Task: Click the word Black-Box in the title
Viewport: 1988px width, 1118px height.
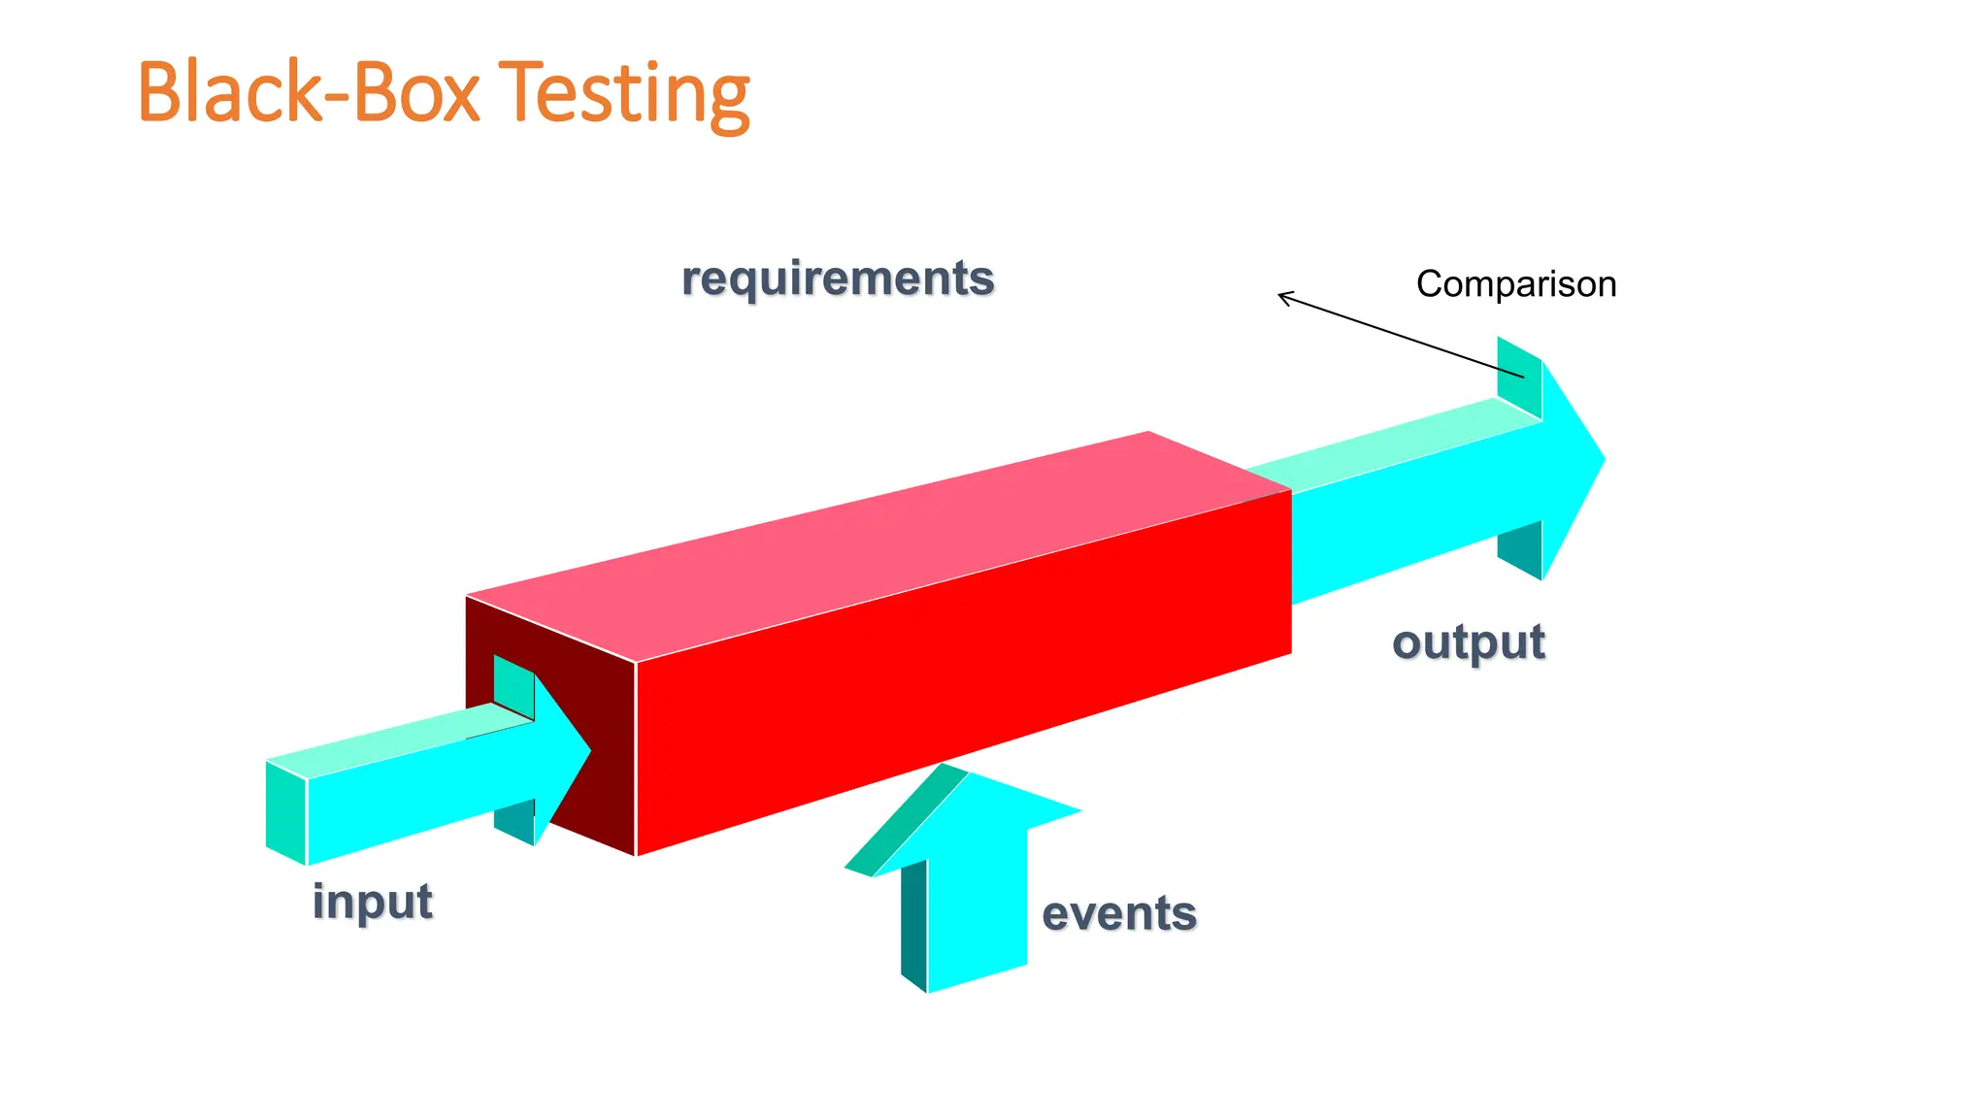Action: point(309,94)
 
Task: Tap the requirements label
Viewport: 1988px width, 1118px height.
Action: point(838,279)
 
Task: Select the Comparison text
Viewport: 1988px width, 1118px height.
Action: point(1516,284)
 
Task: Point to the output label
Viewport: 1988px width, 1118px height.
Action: point(1469,642)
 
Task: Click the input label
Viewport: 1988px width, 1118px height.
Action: point(373,902)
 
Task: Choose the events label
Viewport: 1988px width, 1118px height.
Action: point(1119,914)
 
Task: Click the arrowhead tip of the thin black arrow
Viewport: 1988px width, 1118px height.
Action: point(1280,295)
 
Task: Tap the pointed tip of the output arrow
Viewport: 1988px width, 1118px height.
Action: point(1604,459)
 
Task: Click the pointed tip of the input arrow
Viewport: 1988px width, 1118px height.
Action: point(589,748)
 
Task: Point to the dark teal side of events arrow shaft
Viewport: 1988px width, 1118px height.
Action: point(913,922)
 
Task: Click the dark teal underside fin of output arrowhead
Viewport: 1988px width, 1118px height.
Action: point(1520,548)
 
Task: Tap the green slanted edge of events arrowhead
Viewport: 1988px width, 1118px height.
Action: point(906,820)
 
